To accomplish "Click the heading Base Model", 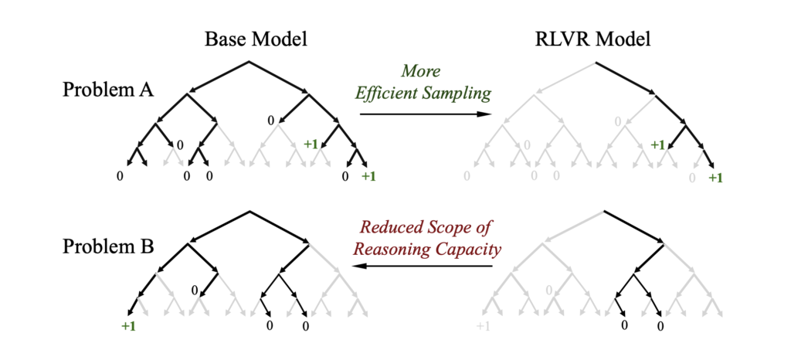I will [x=249, y=40].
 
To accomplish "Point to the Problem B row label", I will [x=108, y=249].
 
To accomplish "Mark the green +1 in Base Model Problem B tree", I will [x=128, y=326].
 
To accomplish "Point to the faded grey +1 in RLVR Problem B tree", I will [x=483, y=326].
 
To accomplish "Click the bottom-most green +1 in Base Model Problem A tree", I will [x=368, y=177].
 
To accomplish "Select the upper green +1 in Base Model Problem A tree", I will [x=311, y=144].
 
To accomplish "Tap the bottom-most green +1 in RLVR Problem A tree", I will [x=715, y=178].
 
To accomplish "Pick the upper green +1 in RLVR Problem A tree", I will [x=657, y=144].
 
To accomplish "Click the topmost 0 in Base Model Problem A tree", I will [x=270, y=120].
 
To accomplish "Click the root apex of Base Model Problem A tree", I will [x=249, y=61].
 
